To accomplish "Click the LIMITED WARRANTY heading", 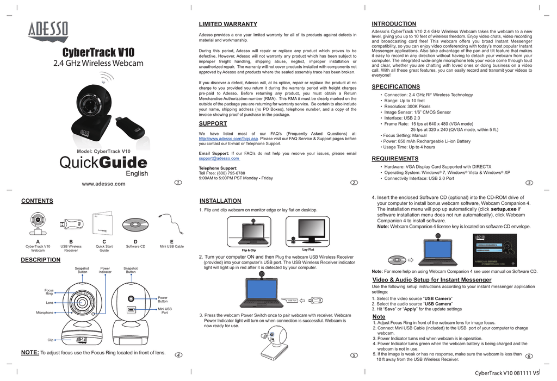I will pos(228,24).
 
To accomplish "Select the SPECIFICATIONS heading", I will pos(395,86).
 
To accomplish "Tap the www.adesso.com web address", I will pos(103,184).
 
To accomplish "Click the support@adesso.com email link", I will pos(219,159).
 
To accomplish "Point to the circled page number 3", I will pos(529,183).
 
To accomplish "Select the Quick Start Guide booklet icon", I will pos(104,223).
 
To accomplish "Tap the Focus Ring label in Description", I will pos(49,292).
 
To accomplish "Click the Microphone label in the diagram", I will pos(45,313).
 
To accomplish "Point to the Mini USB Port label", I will pos(164,310).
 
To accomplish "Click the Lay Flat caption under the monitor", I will pos(308,249).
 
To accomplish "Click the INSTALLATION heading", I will pos(220,201).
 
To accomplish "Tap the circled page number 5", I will pos(354,355).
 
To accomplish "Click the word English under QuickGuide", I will pos(137,174).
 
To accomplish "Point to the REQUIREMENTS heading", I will pos(394,159).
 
